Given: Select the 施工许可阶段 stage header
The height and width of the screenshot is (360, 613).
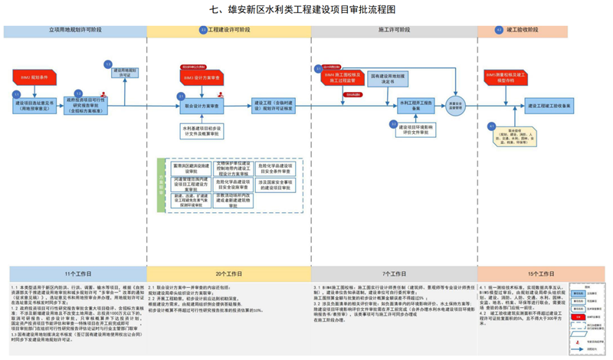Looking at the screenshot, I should click(x=392, y=31).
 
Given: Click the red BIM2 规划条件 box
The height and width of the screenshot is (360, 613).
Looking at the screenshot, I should click(x=32, y=77).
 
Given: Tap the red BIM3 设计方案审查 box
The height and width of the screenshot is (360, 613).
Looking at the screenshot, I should click(x=202, y=77).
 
